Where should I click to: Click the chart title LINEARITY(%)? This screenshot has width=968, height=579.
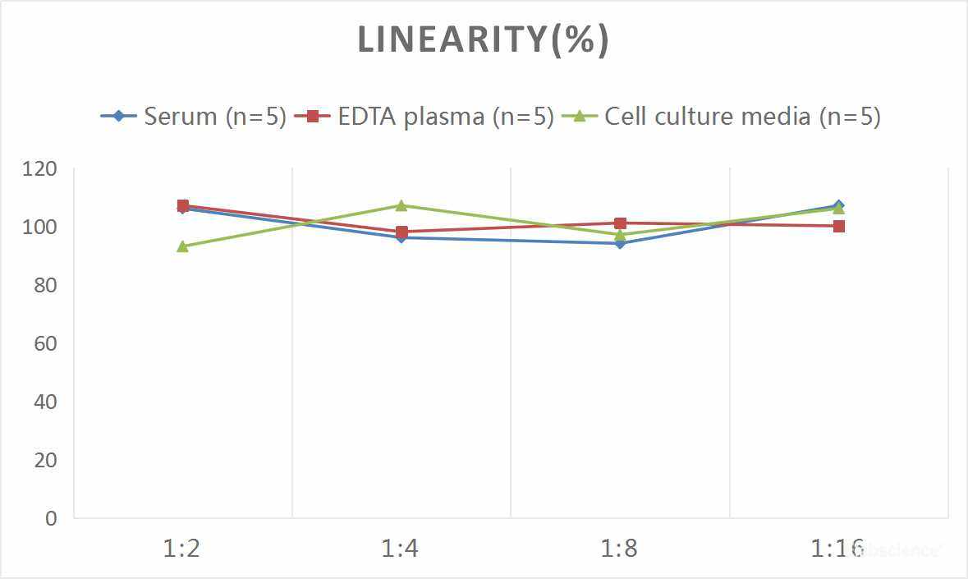(x=483, y=40)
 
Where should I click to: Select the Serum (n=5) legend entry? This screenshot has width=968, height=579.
(x=194, y=116)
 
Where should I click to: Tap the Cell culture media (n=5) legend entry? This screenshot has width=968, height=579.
(x=723, y=116)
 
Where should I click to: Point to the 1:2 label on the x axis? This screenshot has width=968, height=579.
(x=182, y=548)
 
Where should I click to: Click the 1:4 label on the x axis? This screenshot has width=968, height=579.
(x=401, y=548)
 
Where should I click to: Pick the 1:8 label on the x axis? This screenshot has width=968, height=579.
(x=620, y=548)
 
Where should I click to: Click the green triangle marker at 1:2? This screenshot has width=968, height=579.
(x=182, y=246)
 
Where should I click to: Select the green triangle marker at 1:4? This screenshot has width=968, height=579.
(x=401, y=205)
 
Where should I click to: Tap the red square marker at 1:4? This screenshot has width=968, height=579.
(x=401, y=232)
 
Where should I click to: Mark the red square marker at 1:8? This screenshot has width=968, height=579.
(x=620, y=223)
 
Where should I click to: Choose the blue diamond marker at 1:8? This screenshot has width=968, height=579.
(x=620, y=243)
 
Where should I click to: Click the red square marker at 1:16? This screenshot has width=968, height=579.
(x=839, y=226)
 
